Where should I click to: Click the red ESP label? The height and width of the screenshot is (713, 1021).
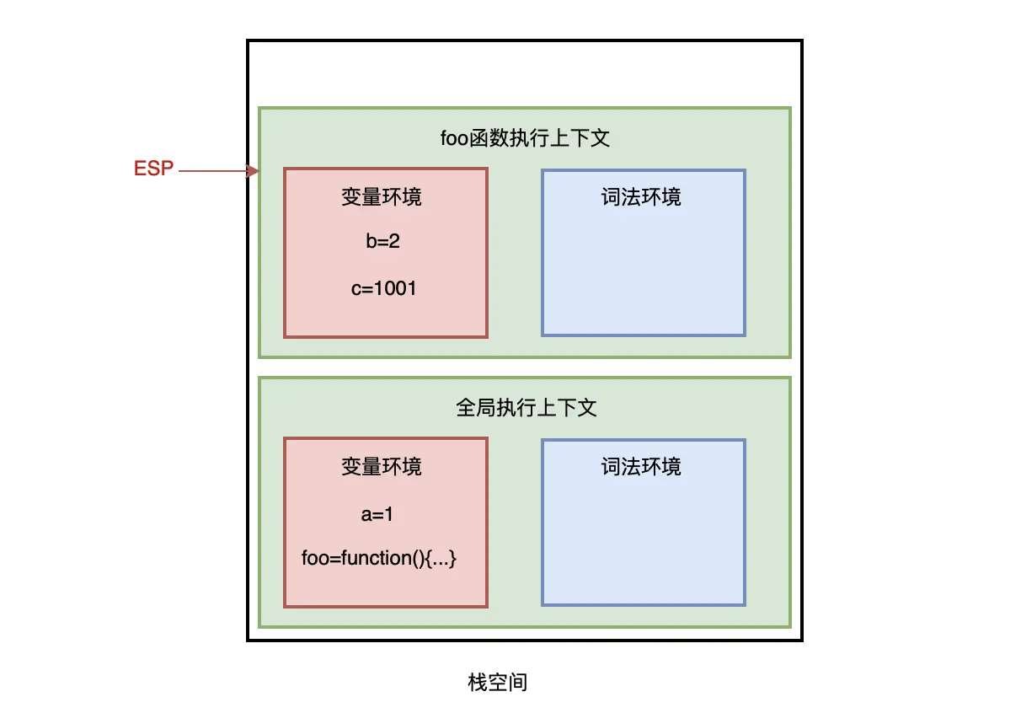click(x=153, y=169)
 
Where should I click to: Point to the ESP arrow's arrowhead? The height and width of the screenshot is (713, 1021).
click(x=253, y=171)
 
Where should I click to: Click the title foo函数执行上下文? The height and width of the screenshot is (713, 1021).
click(x=525, y=137)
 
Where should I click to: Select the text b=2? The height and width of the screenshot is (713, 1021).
click(x=382, y=241)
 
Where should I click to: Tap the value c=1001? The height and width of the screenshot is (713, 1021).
click(x=384, y=288)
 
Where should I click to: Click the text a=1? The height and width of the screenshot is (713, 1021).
click(x=377, y=514)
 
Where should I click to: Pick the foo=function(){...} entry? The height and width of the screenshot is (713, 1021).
click(x=379, y=558)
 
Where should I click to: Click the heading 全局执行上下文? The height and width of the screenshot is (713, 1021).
click(x=527, y=408)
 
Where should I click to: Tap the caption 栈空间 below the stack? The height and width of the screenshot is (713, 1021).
click(x=498, y=683)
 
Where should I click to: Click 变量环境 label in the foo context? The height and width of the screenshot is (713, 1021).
click(x=382, y=197)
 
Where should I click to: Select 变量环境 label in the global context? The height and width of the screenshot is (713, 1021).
click(x=382, y=467)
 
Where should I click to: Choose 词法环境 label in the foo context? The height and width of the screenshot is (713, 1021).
click(x=641, y=197)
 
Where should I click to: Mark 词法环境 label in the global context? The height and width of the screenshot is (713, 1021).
click(x=641, y=467)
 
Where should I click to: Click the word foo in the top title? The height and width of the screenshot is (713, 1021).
click(x=454, y=138)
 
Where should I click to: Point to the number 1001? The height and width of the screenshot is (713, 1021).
click(x=396, y=288)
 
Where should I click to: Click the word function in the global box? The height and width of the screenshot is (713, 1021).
click(x=377, y=558)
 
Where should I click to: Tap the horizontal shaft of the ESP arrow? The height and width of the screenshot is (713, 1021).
click(x=212, y=171)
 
